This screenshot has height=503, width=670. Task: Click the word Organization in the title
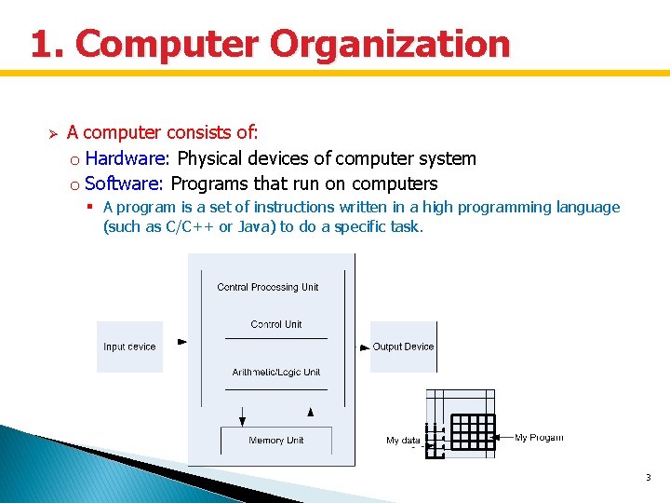click(x=390, y=44)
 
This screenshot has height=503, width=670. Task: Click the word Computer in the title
click(x=167, y=44)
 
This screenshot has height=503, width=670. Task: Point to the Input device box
click(x=129, y=347)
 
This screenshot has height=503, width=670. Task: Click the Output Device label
click(x=403, y=347)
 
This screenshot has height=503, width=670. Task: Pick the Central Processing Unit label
click(x=268, y=287)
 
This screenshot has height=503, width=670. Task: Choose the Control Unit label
click(x=276, y=324)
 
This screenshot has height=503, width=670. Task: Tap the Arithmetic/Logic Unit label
click(x=276, y=373)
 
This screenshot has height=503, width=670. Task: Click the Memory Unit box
click(x=275, y=441)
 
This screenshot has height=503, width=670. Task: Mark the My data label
click(x=403, y=441)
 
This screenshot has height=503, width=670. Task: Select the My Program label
click(x=539, y=438)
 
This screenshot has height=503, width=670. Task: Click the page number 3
click(x=648, y=477)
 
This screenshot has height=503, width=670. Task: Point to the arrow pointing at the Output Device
click(x=365, y=347)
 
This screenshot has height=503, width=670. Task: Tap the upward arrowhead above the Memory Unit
click(x=311, y=411)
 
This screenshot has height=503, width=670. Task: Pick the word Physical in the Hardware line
click(x=212, y=158)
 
